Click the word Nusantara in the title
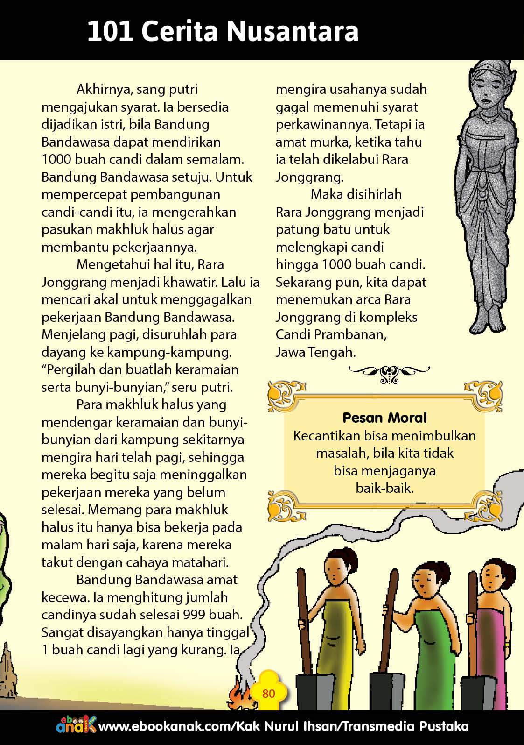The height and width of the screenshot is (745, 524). (293, 31)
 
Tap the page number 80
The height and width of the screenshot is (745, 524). (268, 693)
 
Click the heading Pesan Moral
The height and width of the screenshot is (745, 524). (384, 418)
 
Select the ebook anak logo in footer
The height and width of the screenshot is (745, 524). (76, 725)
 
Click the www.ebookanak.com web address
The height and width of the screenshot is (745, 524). (165, 727)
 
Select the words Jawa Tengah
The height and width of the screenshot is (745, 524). (315, 352)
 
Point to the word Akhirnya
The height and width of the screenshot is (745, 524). (104, 89)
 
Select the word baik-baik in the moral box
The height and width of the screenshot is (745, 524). (384, 488)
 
